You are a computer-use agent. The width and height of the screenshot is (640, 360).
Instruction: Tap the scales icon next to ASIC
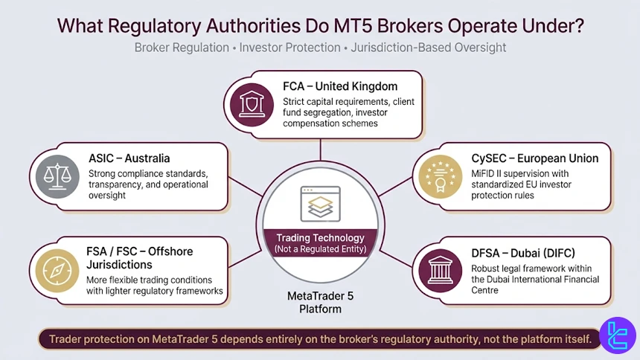(57, 176)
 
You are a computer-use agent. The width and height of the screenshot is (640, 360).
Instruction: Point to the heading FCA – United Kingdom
(339, 86)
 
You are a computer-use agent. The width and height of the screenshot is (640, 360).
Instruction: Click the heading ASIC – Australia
(129, 158)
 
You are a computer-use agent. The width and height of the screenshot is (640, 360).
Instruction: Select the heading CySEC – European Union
(534, 158)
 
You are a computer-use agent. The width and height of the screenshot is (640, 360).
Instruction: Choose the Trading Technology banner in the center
(320, 243)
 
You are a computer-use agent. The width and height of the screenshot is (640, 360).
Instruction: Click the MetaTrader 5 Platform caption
(320, 301)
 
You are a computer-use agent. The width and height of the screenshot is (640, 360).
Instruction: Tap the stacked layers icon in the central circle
(320, 203)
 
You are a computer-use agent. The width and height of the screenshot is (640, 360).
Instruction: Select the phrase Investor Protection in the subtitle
(289, 48)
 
